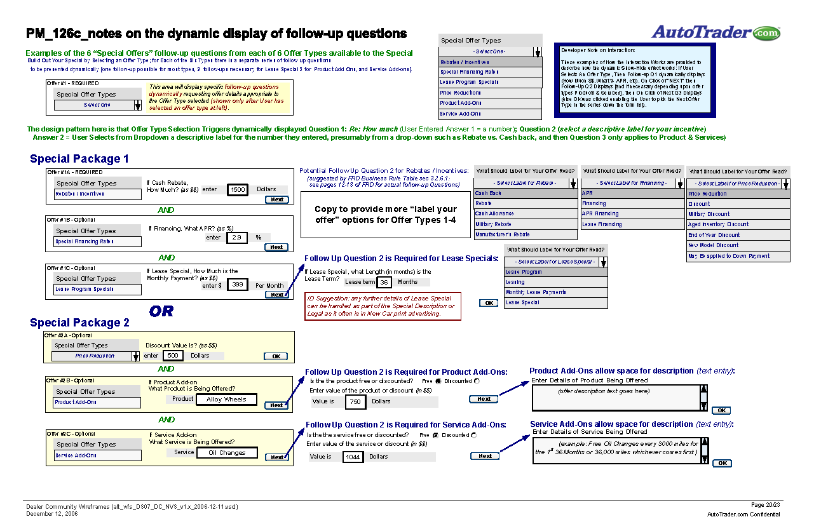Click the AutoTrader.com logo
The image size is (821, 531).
[715, 32]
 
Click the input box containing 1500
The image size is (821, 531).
[238, 189]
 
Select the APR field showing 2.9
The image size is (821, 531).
[236, 237]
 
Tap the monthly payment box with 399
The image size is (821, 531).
[237, 285]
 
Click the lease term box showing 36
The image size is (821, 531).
[384, 282]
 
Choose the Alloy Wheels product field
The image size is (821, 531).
[226, 400]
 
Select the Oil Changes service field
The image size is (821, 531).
[227, 453]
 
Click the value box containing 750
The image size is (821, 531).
[355, 401]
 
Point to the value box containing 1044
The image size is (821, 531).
[353, 457]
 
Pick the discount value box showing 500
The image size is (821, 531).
[173, 356]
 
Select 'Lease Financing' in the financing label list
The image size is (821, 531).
[602, 224]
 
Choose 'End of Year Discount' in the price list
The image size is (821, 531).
[714, 235]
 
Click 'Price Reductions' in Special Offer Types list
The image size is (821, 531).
[461, 93]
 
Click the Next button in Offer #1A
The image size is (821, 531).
[277, 199]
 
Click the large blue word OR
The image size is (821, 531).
[161, 311]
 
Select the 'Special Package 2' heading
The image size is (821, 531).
[79, 323]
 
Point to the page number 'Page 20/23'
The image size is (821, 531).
[766, 505]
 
